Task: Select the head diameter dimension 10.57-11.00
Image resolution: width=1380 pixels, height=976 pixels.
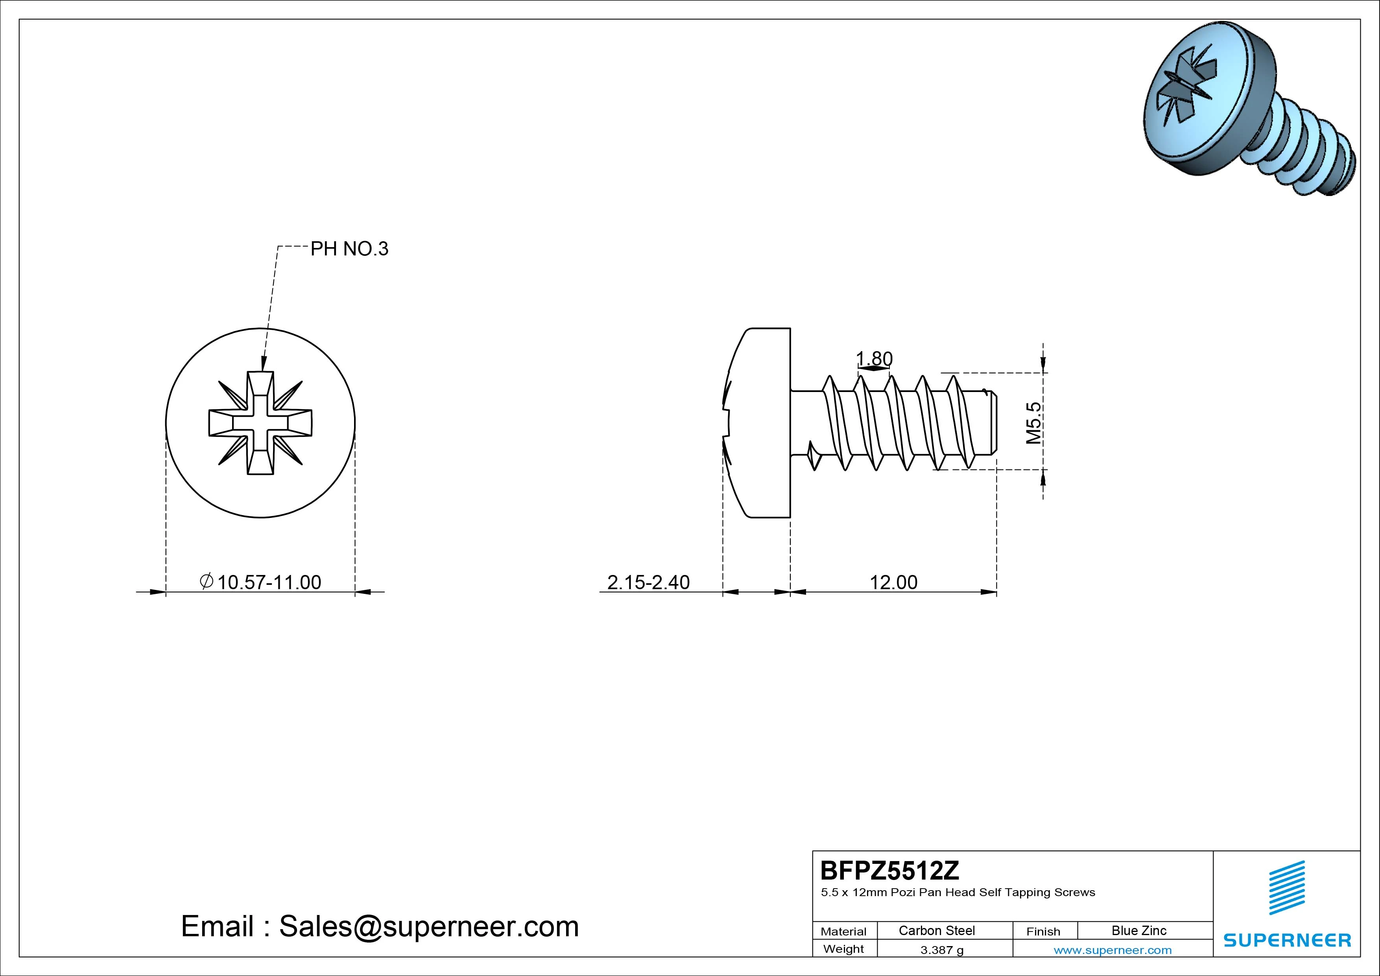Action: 261,582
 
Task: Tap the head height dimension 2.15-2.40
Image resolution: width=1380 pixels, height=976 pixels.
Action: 649,582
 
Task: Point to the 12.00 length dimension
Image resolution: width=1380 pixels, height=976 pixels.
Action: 894,582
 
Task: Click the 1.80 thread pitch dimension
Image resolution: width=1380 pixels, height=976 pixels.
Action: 874,359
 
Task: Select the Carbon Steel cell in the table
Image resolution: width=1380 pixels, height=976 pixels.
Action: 936,930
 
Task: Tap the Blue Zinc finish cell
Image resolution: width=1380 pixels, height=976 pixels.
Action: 1139,930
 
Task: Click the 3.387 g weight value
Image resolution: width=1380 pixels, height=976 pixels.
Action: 942,950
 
